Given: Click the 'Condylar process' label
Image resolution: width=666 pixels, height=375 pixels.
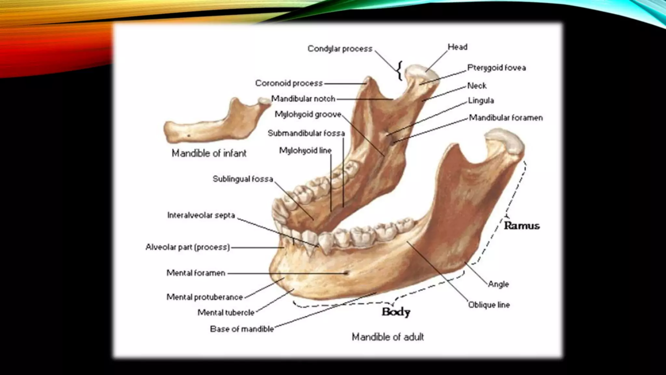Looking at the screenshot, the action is coord(340,49).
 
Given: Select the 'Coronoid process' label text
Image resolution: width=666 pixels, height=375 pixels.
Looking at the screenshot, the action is coord(289,83).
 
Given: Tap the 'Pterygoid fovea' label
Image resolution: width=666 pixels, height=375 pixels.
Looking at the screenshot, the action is coord(496,68).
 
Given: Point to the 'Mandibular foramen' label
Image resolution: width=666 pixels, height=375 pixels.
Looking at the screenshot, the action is coord(506,118).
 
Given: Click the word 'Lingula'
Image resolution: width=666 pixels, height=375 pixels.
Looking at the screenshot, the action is coord(481,101).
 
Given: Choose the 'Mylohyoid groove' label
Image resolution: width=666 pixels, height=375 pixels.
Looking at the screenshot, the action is coord(308,114).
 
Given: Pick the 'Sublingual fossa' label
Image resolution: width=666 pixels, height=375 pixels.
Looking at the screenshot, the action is coord(243,179).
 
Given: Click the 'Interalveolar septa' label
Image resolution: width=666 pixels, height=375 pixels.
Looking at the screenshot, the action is coord(201,215).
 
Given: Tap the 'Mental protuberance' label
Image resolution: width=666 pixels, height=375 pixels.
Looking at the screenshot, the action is coord(205,297).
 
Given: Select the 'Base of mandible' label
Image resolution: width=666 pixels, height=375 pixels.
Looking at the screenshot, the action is coord(242,329).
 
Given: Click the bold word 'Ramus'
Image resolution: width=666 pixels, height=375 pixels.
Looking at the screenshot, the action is coord(522,226).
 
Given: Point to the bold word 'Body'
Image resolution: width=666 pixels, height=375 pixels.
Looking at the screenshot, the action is coord(396,312).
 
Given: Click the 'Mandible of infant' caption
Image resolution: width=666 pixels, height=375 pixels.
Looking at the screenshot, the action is coord(209,153).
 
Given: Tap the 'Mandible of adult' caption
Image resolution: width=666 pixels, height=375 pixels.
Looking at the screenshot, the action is coord(388,337).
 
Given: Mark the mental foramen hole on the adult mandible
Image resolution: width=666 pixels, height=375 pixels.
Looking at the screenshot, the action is coord(347,273).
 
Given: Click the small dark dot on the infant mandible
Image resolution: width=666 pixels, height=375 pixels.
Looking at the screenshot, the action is coord(189,135).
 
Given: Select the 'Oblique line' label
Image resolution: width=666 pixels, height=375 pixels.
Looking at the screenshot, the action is coord(489,305).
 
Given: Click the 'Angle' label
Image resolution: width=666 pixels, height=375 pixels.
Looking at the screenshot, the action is coord(498,284).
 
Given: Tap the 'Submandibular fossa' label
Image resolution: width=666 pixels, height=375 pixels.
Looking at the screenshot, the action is coord(306,133).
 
